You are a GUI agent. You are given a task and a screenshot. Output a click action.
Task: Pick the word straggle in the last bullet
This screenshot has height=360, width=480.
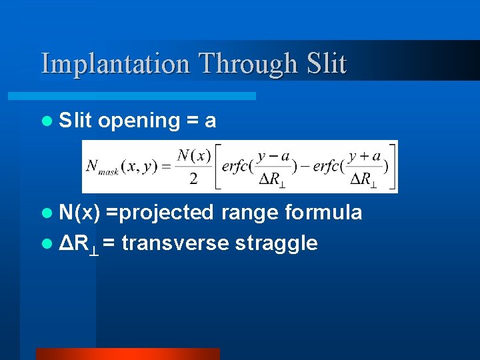pyautogui.click(x=276, y=243)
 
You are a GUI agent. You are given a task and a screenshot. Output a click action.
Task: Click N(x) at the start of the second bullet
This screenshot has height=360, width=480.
pyautogui.click(x=79, y=213)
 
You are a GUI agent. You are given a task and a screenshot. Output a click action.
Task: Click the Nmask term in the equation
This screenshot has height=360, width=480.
pyautogui.click(x=101, y=167)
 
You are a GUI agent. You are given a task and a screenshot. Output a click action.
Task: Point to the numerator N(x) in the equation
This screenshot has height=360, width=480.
pyautogui.click(x=194, y=156)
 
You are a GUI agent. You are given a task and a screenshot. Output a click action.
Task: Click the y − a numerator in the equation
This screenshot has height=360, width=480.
pyautogui.click(x=273, y=156)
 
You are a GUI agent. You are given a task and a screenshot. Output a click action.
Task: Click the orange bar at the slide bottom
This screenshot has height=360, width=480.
pyautogui.click(x=127, y=353)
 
